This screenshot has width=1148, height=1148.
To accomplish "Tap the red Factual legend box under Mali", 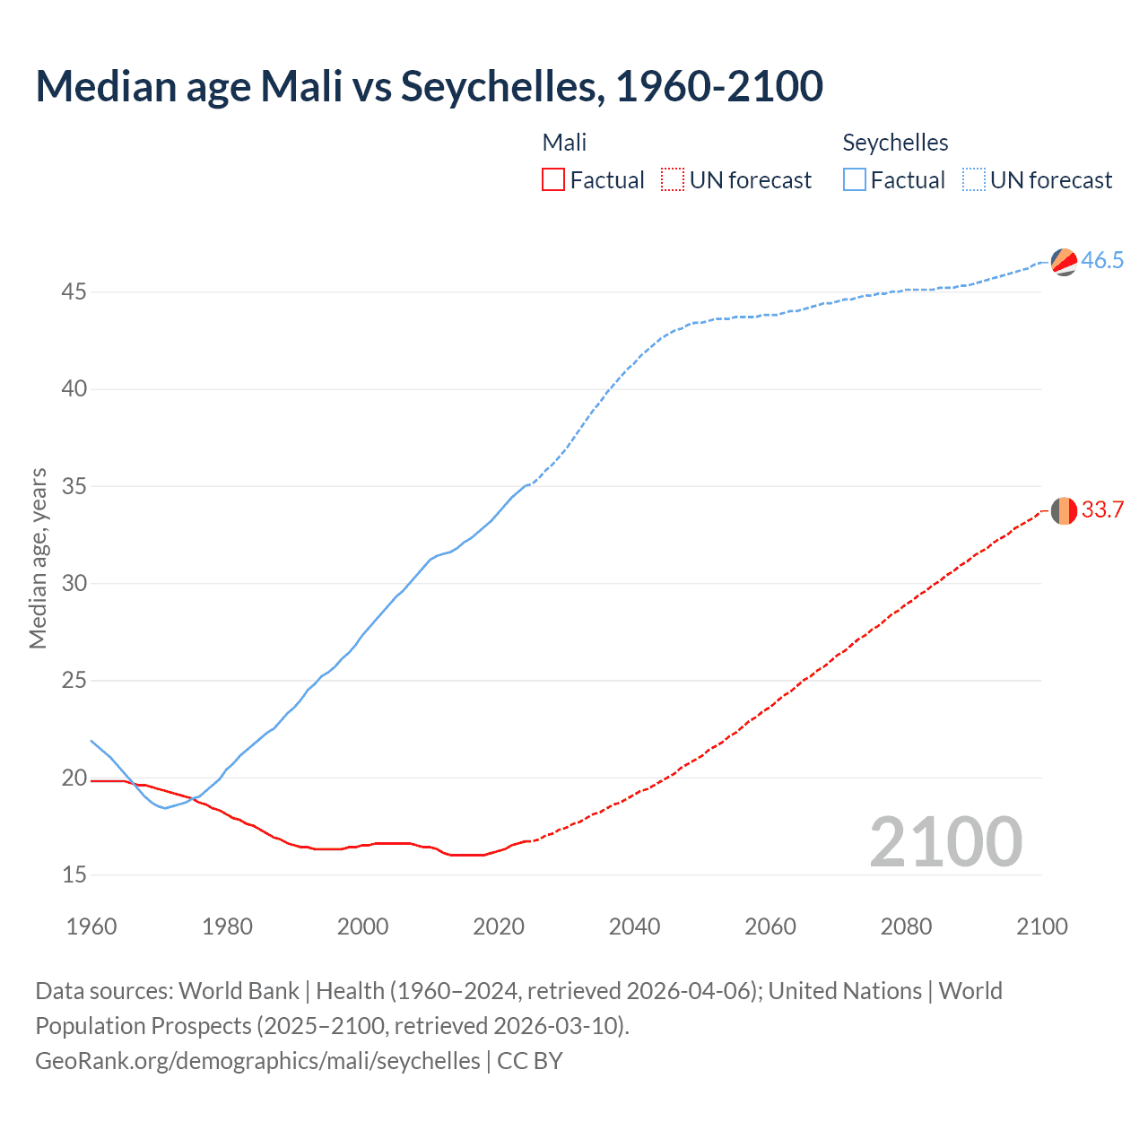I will point(553,179).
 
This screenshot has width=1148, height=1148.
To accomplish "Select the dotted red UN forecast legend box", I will point(673,179).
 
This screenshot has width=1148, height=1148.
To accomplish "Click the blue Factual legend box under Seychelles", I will point(854,179).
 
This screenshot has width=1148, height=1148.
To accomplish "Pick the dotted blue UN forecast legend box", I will point(973,179).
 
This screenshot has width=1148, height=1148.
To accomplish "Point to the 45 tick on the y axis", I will point(74,292).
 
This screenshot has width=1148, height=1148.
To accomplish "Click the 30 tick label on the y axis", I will point(74,584).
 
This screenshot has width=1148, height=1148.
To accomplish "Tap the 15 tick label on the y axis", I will point(74,874).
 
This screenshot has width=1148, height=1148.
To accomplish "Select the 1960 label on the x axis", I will point(91,926).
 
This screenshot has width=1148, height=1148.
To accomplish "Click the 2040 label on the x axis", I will point(634,926).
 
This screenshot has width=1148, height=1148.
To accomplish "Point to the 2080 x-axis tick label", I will point(906,926).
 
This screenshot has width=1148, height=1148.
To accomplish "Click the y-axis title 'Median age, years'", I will point(38,558).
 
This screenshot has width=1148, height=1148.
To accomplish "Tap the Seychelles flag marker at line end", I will point(1064,262).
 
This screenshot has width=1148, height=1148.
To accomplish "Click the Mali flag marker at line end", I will point(1064,510).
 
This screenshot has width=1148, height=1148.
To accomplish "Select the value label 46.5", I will point(1102,261).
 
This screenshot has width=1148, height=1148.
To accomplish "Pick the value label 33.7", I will point(1102,510).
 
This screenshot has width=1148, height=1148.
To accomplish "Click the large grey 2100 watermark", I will point(945,841).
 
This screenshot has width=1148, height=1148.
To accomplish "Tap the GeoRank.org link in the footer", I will point(257,1061).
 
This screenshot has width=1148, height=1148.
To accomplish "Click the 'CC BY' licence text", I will point(530,1061).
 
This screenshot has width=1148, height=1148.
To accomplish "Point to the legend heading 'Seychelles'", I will point(895,143).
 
